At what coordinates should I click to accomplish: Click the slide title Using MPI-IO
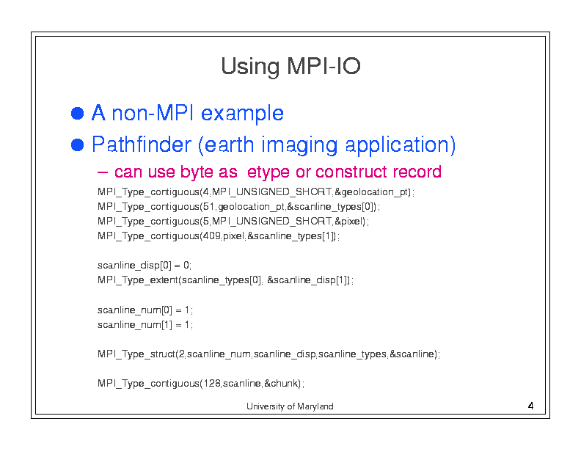point(290,67)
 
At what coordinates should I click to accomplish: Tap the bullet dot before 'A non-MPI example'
point(77,114)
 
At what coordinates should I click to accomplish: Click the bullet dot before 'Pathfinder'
point(77,145)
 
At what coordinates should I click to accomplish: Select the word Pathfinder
point(142,144)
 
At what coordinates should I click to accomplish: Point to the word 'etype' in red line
point(268,172)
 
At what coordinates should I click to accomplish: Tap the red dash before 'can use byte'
point(103,172)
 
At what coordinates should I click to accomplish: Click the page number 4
point(530,406)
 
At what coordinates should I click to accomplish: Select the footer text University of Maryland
point(290,406)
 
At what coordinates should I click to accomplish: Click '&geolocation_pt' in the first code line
point(372,192)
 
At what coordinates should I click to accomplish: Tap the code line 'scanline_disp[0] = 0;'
point(145,266)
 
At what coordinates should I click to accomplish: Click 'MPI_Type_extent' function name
point(138,280)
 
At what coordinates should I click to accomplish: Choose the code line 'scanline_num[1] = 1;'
point(145,325)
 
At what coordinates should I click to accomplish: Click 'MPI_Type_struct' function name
point(136,354)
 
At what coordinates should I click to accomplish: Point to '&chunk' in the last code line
point(281,383)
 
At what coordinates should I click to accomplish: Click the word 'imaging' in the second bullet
point(299,145)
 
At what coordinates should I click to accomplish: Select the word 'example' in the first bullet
point(242,113)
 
